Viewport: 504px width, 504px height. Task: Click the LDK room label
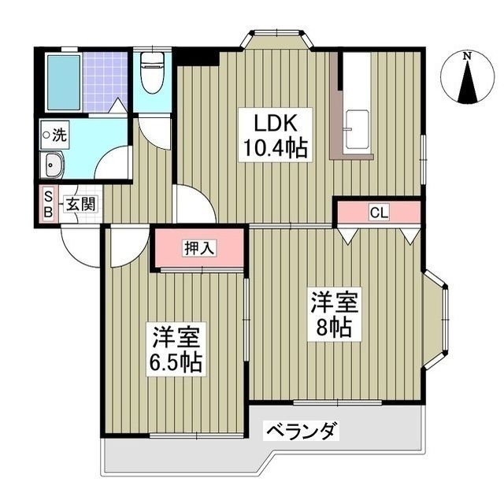[274, 124]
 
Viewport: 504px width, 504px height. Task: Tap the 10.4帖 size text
[274, 147]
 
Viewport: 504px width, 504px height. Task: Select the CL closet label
[379, 212]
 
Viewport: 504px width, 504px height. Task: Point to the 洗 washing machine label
[59, 135]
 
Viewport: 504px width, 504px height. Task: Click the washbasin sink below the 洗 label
[54, 165]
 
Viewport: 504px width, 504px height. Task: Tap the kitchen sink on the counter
[356, 127]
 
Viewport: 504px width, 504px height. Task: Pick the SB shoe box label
[48, 205]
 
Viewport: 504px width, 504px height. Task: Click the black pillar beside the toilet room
[197, 56]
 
